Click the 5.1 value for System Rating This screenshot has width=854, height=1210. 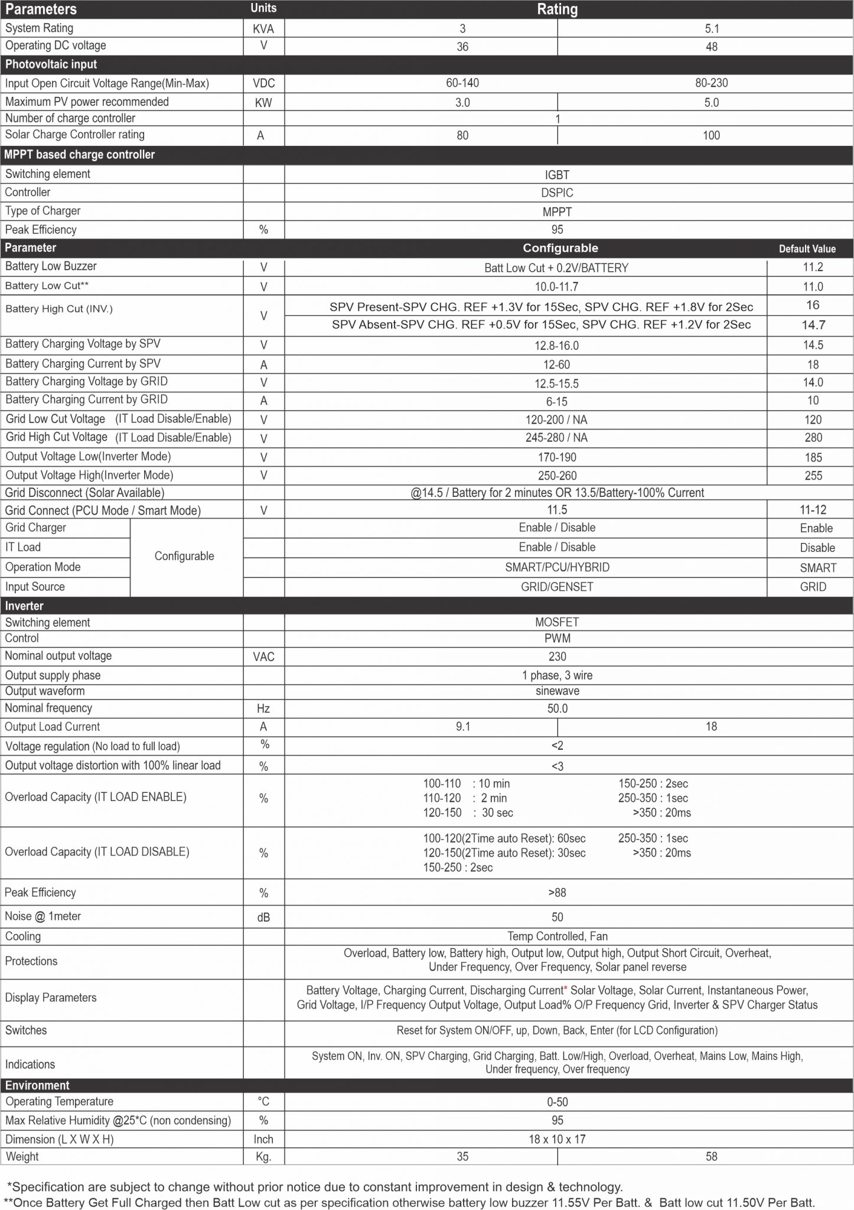(x=711, y=29)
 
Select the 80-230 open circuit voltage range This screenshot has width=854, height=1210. (x=711, y=83)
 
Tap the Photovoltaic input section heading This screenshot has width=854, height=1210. (x=51, y=64)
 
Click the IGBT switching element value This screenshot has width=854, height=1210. (x=557, y=175)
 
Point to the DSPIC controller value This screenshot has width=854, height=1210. (x=557, y=193)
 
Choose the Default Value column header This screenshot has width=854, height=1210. (x=807, y=249)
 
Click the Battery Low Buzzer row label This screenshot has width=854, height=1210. (x=51, y=266)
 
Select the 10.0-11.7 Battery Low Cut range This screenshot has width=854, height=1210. (x=557, y=287)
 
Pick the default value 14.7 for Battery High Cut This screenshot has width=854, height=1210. (x=813, y=325)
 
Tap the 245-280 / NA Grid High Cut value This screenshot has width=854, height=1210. (x=557, y=438)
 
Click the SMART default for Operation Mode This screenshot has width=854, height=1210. (x=818, y=568)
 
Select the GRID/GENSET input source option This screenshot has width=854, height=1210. (x=557, y=587)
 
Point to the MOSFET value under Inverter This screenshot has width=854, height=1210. (x=557, y=622)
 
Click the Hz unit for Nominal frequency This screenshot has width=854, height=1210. (x=263, y=708)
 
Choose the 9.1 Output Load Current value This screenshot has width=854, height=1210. (x=463, y=727)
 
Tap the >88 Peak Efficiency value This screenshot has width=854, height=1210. (x=557, y=893)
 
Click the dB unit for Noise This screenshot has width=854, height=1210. (x=263, y=917)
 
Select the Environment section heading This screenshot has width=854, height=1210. (x=37, y=1085)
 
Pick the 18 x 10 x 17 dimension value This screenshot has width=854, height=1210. (x=557, y=1139)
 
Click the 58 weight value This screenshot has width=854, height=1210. (x=711, y=1157)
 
